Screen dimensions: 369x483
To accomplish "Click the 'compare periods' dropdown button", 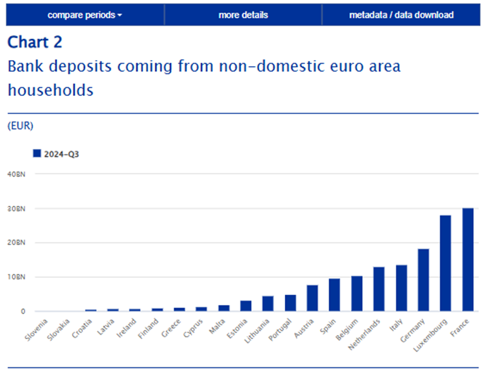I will [x=85, y=15].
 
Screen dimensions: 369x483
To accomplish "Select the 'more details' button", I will [x=243, y=15].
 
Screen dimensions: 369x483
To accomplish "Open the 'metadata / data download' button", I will [x=401, y=15].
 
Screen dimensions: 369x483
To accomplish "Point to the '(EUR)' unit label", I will [x=20, y=126].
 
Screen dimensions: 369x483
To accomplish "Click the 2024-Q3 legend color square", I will [x=37, y=153].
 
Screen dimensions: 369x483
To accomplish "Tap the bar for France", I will [x=468, y=260].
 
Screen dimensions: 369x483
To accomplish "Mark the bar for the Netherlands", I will [x=379, y=289].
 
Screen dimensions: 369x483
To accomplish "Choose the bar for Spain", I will [x=334, y=295].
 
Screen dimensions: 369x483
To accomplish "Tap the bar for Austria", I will [x=312, y=298].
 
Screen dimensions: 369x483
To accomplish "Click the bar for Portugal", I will [x=290, y=303].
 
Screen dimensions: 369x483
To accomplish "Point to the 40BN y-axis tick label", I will [x=17, y=174].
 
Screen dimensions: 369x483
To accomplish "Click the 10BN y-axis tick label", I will [x=17, y=277].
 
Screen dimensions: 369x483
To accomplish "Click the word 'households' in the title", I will [x=51, y=90].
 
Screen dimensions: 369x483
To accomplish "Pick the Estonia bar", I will [x=246, y=306].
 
